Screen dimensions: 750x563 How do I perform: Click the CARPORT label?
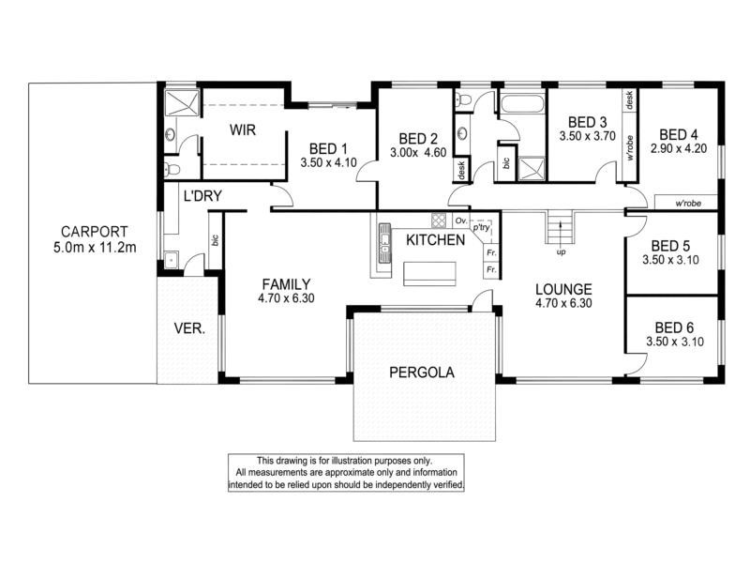click(95, 232)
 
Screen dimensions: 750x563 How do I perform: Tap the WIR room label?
click(243, 129)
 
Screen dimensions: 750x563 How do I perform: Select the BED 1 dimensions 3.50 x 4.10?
click(329, 162)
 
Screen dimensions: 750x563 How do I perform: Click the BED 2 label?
click(418, 139)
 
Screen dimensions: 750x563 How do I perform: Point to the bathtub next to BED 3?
click(522, 103)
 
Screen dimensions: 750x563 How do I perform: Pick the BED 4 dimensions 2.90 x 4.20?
click(678, 148)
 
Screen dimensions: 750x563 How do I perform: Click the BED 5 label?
click(670, 246)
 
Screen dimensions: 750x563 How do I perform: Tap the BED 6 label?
click(674, 327)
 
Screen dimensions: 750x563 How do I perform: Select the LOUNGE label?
click(563, 289)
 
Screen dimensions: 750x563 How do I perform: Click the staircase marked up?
click(560, 228)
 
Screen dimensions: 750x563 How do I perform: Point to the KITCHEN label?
click(435, 240)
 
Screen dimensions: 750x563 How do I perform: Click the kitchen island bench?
click(429, 274)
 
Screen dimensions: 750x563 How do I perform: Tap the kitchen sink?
click(384, 243)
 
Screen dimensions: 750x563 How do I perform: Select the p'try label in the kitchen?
click(481, 227)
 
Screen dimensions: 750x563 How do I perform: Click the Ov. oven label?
click(461, 221)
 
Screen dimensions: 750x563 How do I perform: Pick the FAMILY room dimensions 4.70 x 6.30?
click(286, 298)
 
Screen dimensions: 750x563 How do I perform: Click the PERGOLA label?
click(421, 373)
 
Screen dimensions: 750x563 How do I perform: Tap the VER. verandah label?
click(189, 328)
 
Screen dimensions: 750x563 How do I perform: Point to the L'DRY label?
click(202, 196)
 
